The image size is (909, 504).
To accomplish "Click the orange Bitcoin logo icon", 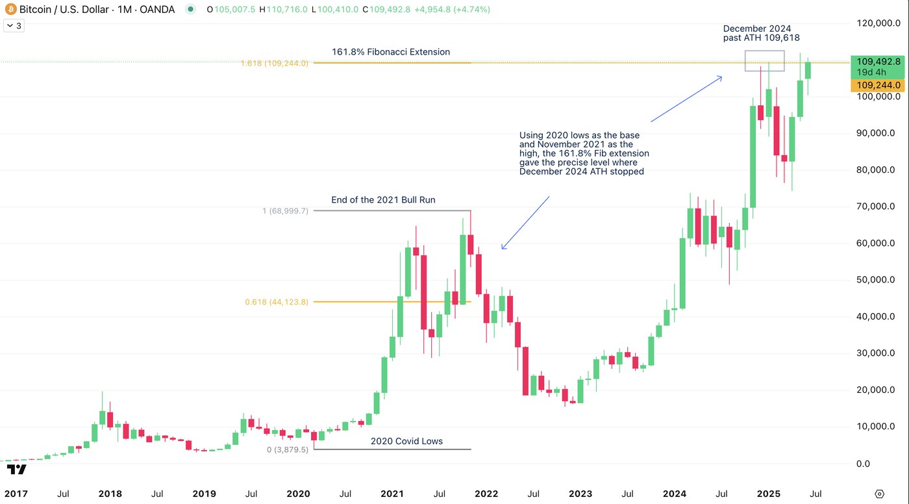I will click(10, 10).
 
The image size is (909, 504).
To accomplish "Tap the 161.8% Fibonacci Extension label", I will click(390, 52).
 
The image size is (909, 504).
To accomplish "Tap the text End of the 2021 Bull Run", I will click(383, 200).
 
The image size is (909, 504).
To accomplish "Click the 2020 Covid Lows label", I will click(406, 441).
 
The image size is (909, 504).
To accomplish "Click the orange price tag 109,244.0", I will click(878, 85).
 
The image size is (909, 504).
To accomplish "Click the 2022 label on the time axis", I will click(486, 494).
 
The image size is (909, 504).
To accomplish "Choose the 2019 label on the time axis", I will click(204, 494).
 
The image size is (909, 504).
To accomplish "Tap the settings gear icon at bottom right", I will click(879, 494).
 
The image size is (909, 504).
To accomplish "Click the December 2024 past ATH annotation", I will click(761, 33).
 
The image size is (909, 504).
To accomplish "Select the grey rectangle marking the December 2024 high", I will click(764, 60).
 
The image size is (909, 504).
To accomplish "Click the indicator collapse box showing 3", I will click(13, 26).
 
